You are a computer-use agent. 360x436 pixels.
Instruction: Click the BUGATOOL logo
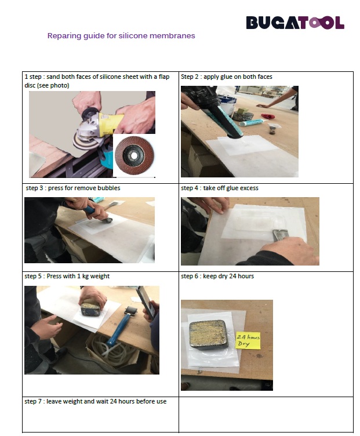tap(295, 23)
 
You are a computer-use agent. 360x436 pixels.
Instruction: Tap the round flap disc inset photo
tap(134, 155)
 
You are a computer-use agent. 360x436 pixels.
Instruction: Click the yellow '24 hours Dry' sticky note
tap(248, 341)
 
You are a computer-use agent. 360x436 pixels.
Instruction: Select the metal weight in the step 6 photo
tap(209, 335)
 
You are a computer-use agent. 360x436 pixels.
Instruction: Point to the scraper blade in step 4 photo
tap(279, 235)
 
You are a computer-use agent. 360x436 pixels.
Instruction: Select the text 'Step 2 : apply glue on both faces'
tap(227, 77)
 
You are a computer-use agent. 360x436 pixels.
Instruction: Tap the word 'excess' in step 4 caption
tap(249, 188)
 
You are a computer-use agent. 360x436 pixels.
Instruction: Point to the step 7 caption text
tap(95, 401)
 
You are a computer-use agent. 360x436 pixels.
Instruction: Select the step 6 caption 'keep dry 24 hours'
tap(228, 276)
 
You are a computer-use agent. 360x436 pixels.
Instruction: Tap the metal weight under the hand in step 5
tap(90, 308)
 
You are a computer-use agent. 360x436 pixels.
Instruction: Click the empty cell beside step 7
tap(266, 415)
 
